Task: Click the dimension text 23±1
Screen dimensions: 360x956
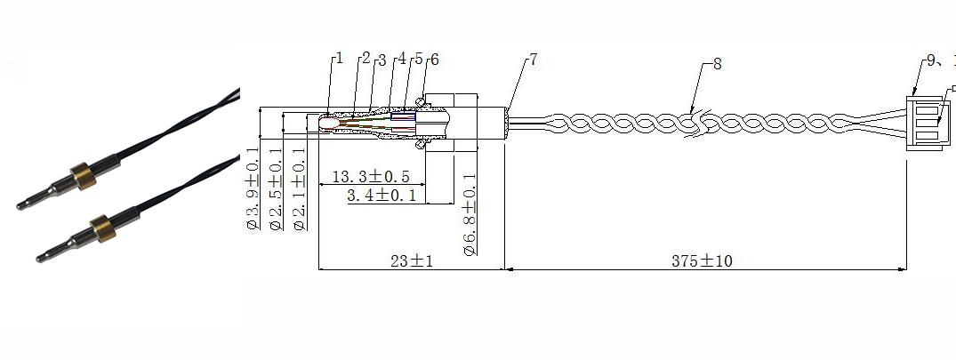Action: pos(411,261)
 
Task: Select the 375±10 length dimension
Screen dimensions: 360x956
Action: pos(702,261)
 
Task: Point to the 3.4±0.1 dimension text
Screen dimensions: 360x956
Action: pos(382,195)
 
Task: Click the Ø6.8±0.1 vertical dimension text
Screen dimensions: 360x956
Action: pos(470,215)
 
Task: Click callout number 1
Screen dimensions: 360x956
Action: pos(338,59)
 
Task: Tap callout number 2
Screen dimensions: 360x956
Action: pos(365,59)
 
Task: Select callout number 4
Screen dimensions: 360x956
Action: pos(402,59)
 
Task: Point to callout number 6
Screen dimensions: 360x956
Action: pos(434,60)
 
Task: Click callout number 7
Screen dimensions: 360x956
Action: pos(533,60)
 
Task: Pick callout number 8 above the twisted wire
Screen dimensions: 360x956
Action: pos(718,64)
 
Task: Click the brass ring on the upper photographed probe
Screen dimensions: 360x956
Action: pos(83,176)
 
